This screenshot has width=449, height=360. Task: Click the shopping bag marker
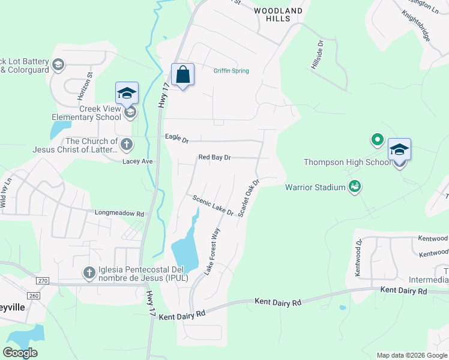[x=183, y=76]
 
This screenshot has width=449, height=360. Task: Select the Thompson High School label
[x=348, y=162]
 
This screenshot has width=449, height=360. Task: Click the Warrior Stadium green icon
[x=355, y=187]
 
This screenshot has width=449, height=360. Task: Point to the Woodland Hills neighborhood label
[x=278, y=14]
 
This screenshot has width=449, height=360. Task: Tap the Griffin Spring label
[x=231, y=71]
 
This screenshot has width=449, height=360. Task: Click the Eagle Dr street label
[x=176, y=139]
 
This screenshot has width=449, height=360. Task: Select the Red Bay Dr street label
[x=215, y=157]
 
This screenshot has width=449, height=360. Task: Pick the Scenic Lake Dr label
[x=212, y=205]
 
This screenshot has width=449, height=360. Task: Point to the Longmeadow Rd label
[x=120, y=213]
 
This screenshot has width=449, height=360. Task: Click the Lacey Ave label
[x=137, y=161]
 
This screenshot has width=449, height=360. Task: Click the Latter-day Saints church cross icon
[x=126, y=144]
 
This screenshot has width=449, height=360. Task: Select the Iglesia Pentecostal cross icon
[x=89, y=273]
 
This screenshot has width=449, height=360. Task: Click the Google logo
[x=20, y=353]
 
